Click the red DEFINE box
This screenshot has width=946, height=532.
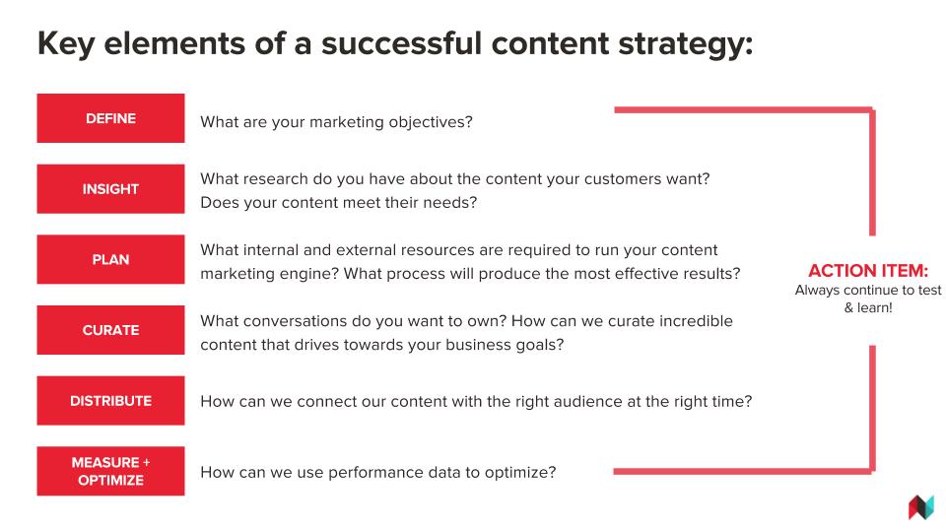110,118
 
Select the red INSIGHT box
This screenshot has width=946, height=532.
110,189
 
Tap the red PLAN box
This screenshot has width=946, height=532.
110,259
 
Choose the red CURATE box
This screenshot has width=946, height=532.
110,330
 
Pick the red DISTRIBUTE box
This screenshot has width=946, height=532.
110,401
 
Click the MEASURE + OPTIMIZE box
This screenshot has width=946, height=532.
110,471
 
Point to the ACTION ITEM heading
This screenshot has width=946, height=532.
868,270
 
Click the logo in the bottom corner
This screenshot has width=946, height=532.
921,506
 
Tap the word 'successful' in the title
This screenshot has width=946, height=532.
401,43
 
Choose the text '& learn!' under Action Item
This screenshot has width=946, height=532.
868,307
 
